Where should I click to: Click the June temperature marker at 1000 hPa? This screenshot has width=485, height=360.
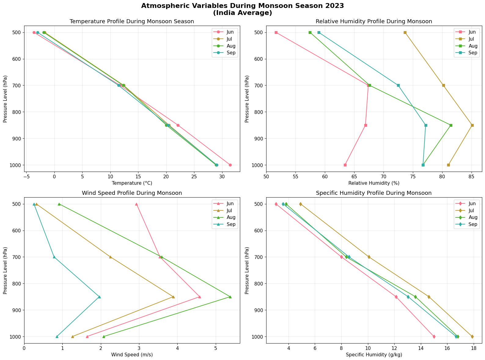[x=230, y=165]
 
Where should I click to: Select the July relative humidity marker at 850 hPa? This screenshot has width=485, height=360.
[x=472, y=125]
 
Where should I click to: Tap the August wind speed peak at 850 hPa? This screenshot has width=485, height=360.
[x=230, y=297]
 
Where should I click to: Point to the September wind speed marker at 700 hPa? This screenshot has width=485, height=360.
[x=54, y=257]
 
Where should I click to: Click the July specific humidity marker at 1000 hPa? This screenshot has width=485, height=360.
[x=472, y=336]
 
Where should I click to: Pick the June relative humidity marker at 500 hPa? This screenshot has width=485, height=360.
[x=276, y=32]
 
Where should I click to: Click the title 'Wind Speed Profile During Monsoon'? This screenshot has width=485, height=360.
[x=132, y=193]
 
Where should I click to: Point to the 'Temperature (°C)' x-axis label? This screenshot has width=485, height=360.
[x=132, y=183]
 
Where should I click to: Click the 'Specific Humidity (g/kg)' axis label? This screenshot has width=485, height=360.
[x=374, y=355]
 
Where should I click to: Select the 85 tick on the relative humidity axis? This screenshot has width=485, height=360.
[x=471, y=177]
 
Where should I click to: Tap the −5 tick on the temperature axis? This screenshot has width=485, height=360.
[x=26, y=177]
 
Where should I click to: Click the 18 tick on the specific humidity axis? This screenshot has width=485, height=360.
[x=474, y=348]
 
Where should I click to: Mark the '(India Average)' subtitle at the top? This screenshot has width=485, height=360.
[x=242, y=13]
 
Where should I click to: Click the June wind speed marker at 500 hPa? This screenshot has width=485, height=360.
[x=136, y=204]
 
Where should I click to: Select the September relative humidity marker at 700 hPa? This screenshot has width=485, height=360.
[x=398, y=85]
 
